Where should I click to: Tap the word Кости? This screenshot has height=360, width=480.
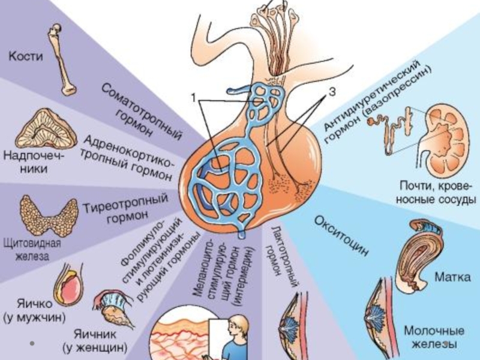(26, 57)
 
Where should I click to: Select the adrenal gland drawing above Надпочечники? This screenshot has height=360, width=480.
(45, 128)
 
